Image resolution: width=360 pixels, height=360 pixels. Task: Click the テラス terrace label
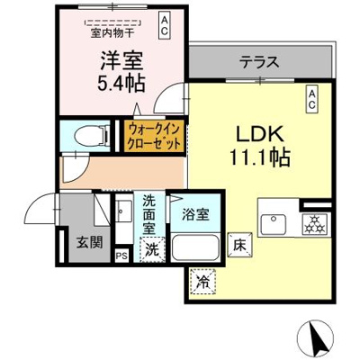[x=258, y=64]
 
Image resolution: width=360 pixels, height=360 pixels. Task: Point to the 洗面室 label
[x=149, y=217]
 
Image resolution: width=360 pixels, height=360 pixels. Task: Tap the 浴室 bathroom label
[x=196, y=215]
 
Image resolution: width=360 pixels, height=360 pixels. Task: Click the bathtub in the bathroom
[x=196, y=247]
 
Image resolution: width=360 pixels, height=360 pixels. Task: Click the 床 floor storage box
[x=239, y=243]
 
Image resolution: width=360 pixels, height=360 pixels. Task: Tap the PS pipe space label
[x=121, y=256]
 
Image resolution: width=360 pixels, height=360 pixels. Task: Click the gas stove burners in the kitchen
[x=315, y=225]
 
